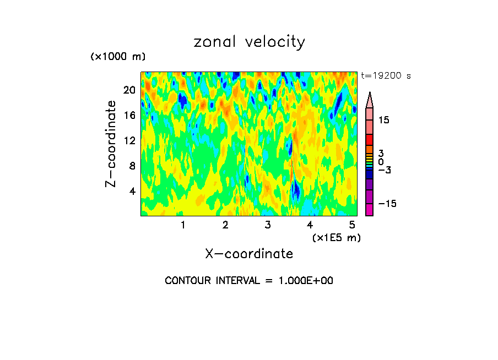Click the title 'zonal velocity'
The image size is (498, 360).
[249, 42]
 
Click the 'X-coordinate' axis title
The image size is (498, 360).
[249, 254]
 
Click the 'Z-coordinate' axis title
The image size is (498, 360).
[111, 144]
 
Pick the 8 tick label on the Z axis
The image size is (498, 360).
[133, 166]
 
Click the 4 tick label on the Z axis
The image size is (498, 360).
[133, 191]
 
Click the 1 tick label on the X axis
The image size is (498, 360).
[183, 225]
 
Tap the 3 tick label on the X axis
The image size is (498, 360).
[268, 225]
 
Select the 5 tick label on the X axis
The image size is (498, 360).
[352, 225]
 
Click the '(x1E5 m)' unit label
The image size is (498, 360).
[336, 237]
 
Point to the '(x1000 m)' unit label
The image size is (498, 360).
[118, 57]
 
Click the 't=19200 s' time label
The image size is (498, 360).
[386, 76]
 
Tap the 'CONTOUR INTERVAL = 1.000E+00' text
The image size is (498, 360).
[249, 281]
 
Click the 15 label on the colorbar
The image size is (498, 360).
[384, 120]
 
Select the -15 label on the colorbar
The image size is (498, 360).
[387, 204]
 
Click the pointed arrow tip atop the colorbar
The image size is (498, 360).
[370, 95]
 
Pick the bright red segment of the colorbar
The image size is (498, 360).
[370, 140]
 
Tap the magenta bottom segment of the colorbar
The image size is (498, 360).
[370, 210]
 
